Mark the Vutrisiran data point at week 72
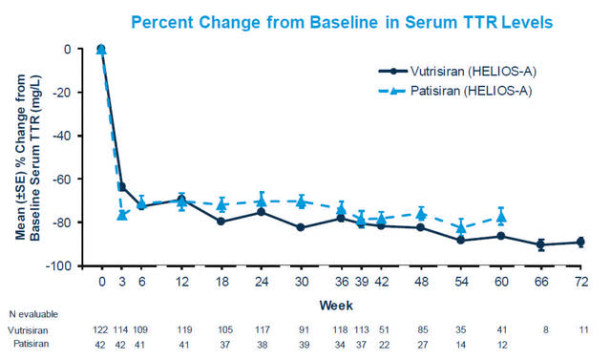tap(579, 242)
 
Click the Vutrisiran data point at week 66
tap(540, 244)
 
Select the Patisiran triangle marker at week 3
tap(121, 215)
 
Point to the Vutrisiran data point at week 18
tap(221, 222)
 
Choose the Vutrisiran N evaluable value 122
tap(101, 330)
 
